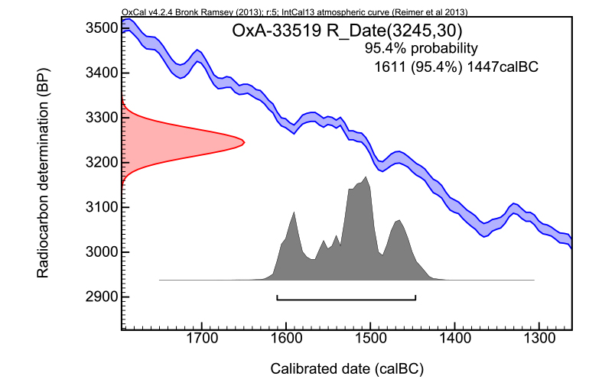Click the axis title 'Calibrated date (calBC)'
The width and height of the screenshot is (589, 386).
coord(347,369)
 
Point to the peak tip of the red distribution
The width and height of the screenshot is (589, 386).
coord(243,141)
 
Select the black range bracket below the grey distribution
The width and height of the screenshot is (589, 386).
coord(346,297)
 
